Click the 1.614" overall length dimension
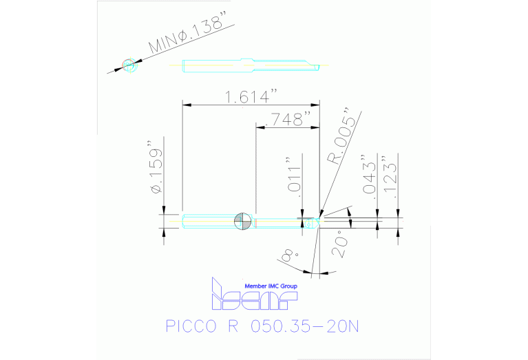click(250, 97)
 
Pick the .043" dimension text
click(370, 177)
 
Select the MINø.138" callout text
click(188, 38)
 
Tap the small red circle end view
click(129, 65)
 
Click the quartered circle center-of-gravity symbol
click(242, 221)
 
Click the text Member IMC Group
click(271, 284)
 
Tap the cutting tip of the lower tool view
click(318, 222)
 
